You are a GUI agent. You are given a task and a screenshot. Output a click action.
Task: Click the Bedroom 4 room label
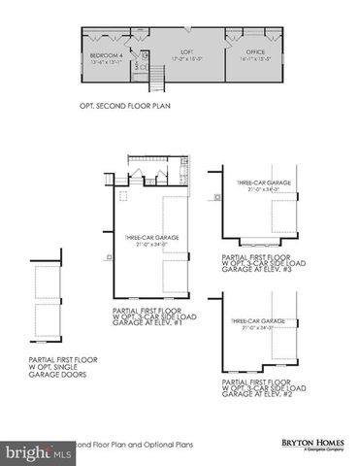tap(105, 56)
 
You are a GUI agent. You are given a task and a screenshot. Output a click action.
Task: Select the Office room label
tap(255, 52)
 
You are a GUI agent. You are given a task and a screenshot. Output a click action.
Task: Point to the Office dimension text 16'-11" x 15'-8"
tap(255, 59)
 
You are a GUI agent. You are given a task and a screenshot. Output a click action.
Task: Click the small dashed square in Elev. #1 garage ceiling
tap(121, 195)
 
